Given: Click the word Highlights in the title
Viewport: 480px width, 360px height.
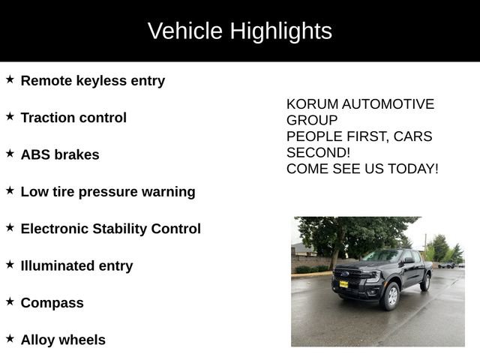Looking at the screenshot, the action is point(281,31).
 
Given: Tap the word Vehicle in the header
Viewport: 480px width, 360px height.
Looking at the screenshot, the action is point(185,31).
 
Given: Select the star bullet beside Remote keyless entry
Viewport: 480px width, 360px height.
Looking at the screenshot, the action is point(10,79).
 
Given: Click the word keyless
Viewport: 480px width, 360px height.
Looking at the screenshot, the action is point(101,82).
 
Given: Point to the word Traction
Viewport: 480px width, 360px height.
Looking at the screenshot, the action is point(47,118).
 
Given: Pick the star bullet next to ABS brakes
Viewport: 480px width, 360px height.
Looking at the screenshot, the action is point(10,153).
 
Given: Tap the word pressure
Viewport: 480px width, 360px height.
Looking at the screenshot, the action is point(108,193).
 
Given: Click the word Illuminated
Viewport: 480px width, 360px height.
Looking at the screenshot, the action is point(58,265).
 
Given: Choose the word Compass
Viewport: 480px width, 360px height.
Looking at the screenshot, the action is point(52,303).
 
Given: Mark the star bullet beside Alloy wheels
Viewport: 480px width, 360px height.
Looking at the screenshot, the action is point(10,338).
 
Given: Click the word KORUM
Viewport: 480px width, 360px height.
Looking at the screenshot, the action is point(312,104).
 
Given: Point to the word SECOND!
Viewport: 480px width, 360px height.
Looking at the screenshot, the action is point(318,152).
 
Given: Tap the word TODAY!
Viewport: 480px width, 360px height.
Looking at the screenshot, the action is point(413,169).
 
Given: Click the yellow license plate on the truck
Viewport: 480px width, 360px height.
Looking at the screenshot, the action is point(343,284).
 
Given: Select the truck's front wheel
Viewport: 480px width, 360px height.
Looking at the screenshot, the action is point(391,296).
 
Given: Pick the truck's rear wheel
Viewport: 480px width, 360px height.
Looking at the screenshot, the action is point(425,283).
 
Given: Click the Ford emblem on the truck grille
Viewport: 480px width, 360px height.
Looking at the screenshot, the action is point(346,273).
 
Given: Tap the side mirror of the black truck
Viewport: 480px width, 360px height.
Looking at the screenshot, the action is point(409,260).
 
